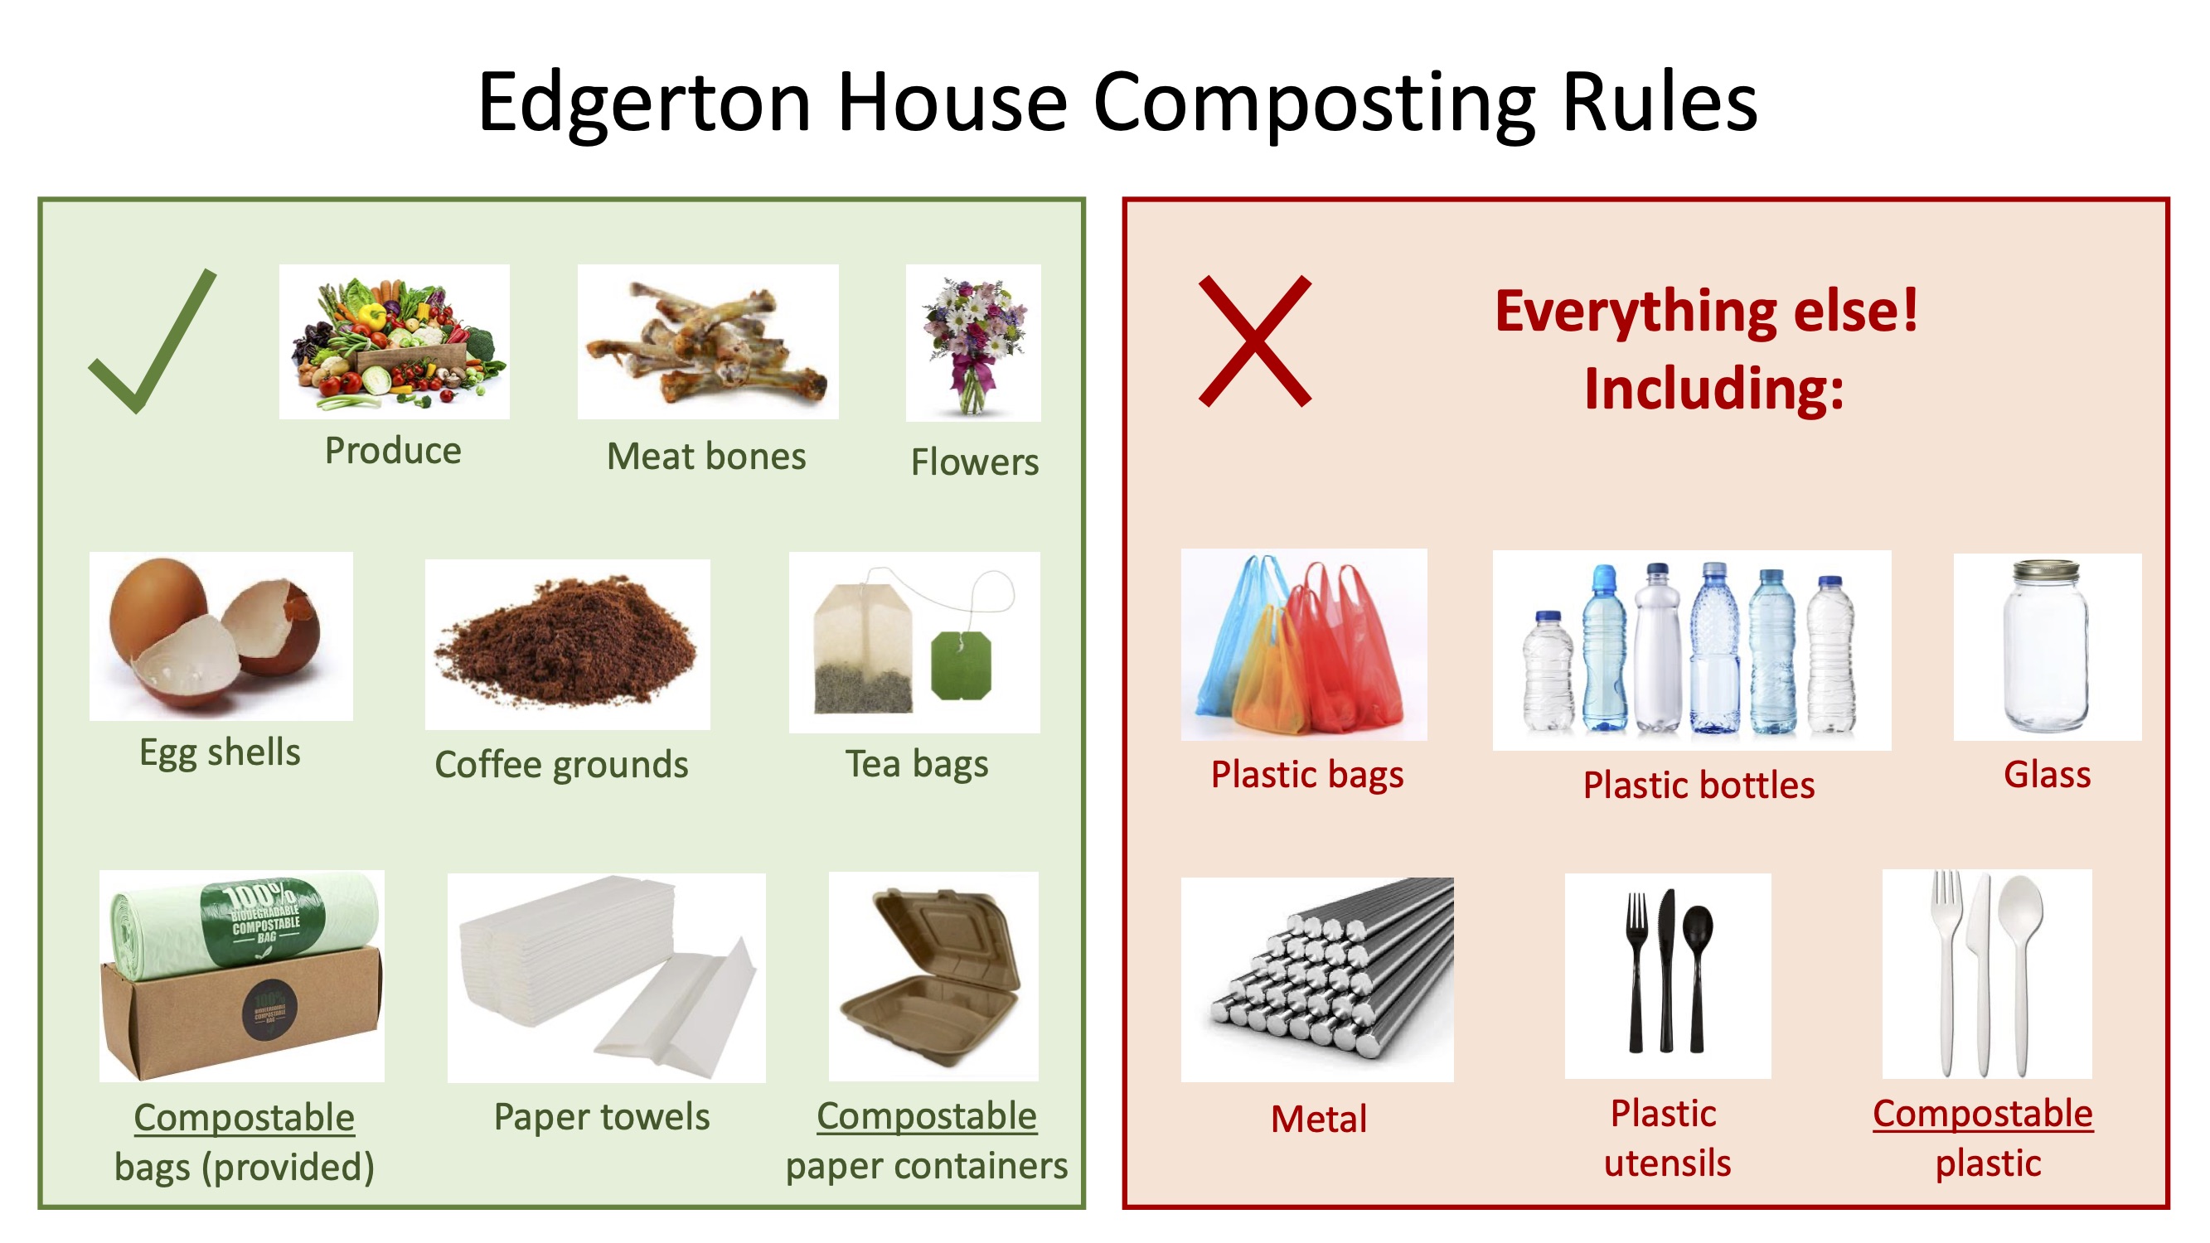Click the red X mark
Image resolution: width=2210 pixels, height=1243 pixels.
(x=1254, y=341)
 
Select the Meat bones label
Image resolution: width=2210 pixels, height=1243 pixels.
(x=706, y=457)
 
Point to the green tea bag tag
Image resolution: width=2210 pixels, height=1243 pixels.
(x=961, y=665)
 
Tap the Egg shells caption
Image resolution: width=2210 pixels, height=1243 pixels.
(x=220, y=752)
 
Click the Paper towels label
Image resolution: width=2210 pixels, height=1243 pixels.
(x=601, y=1117)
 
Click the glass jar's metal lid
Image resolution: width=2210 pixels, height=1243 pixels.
(x=2046, y=570)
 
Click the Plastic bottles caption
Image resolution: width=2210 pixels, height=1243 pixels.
(x=1698, y=786)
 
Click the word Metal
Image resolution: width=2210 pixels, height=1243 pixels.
(x=1318, y=1120)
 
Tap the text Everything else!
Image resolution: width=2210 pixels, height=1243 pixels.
(x=1705, y=311)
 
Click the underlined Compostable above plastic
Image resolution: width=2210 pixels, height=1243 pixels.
(x=1982, y=1114)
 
